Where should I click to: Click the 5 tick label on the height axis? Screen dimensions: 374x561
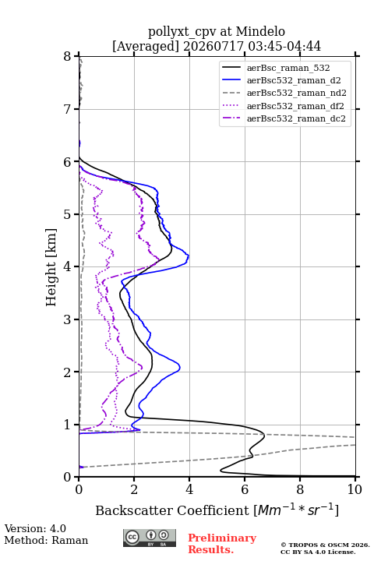tap(67, 215)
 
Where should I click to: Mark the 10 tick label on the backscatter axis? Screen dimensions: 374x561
tap(355, 489)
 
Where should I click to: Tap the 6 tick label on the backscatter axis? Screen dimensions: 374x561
tap(245, 489)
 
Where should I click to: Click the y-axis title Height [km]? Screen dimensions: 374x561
tap(51, 267)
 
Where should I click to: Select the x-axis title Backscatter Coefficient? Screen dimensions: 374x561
tap(171, 510)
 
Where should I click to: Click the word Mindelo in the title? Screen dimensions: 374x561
tap(260, 31)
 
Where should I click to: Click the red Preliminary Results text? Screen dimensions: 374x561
tap(222, 543)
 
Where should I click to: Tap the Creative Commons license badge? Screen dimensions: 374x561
tap(150, 538)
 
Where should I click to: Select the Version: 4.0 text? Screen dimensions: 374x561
tap(35, 528)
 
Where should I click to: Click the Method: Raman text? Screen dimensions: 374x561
tap(46, 540)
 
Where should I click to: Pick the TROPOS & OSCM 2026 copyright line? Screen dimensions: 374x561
tap(325, 545)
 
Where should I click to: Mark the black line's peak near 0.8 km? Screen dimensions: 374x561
tap(264, 435)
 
